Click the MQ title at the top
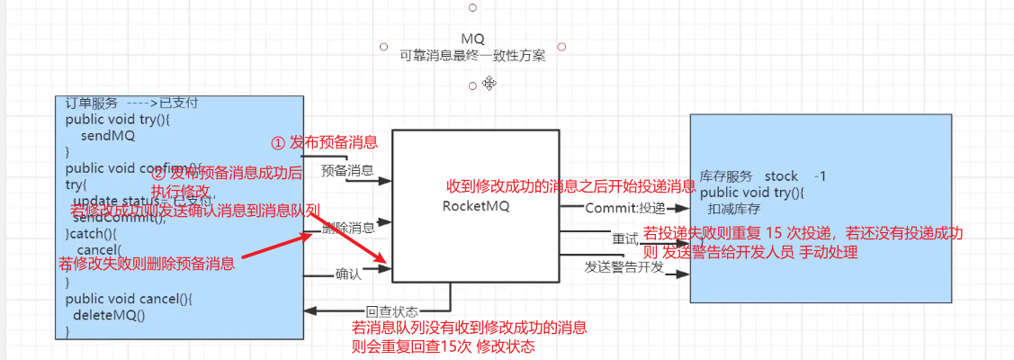[472, 39]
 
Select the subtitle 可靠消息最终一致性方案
[472, 55]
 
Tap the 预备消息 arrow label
[347, 170]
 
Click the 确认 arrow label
[348, 274]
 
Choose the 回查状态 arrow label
[367, 311]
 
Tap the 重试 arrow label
[624, 240]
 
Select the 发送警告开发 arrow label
[624, 267]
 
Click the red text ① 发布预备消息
[324, 142]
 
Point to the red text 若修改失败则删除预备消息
[147, 264]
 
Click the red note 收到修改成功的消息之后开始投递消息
[571, 186]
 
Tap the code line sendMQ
[107, 136]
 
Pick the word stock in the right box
[781, 175]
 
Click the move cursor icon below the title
[489, 83]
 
